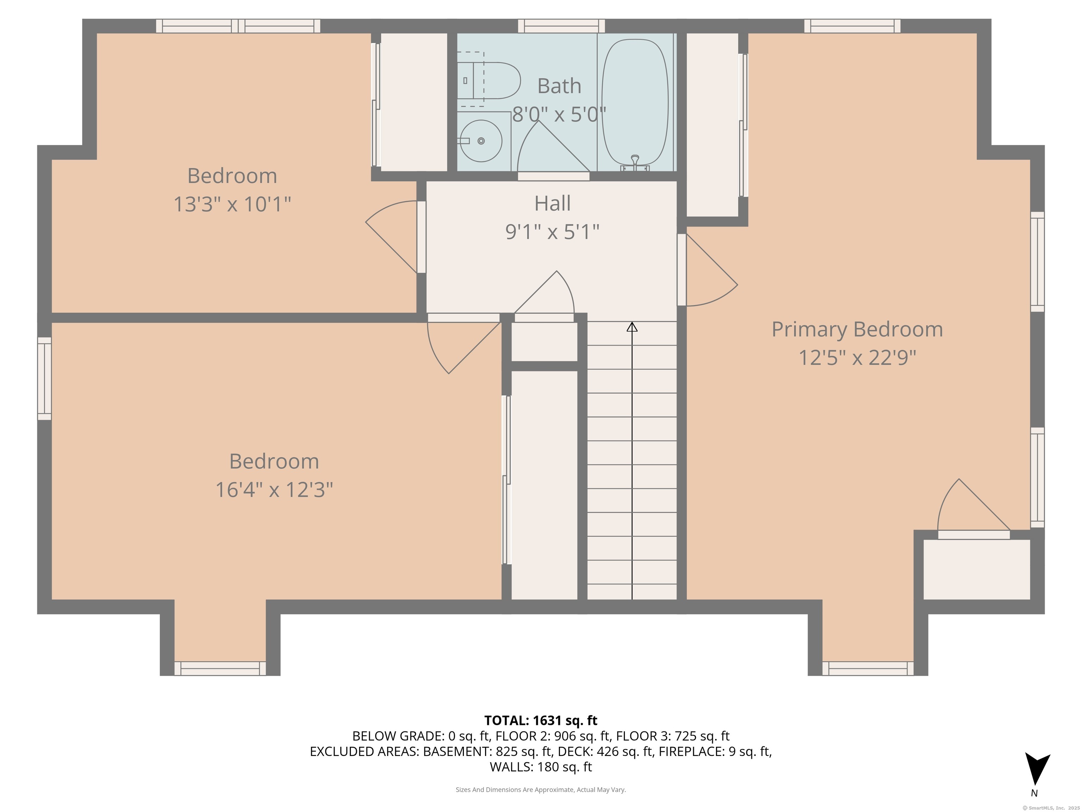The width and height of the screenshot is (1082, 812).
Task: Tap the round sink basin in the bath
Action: click(x=481, y=141)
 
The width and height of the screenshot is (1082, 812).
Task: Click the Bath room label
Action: click(x=559, y=86)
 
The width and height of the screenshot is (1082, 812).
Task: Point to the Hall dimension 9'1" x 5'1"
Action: click(x=552, y=232)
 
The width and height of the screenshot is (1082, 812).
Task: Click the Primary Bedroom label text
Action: click(x=857, y=330)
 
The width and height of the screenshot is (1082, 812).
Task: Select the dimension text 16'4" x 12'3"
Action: click(x=274, y=490)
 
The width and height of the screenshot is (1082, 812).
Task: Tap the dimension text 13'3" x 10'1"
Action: click(x=232, y=204)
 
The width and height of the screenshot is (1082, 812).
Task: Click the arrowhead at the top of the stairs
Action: click(x=632, y=327)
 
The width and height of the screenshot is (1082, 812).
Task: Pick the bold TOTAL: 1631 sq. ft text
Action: click(x=541, y=720)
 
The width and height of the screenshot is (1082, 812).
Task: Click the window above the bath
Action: click(x=561, y=26)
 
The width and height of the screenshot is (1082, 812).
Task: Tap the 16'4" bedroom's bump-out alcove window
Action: click(x=220, y=669)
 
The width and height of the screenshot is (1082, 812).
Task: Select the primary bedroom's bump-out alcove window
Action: click(x=868, y=669)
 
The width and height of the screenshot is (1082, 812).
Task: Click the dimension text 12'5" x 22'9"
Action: click(x=857, y=358)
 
